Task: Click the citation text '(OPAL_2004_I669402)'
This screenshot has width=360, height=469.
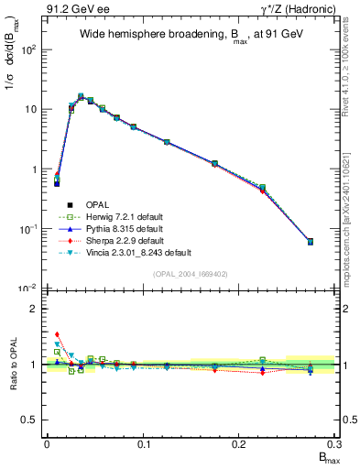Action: tap(190, 274)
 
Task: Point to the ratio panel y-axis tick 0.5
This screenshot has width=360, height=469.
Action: tap(34, 420)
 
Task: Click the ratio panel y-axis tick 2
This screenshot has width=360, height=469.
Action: tap(38, 309)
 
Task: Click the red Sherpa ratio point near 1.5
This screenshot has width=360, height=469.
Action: tap(57, 335)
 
